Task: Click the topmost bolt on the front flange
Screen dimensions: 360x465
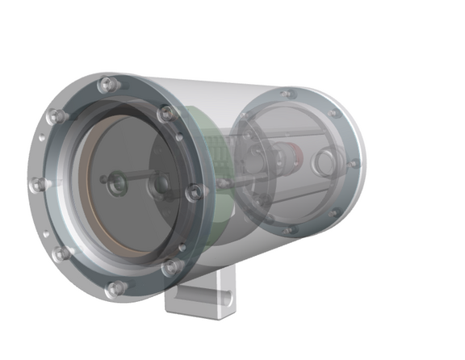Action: pyautogui.click(x=105, y=84)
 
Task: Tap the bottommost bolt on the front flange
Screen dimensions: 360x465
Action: pyautogui.click(x=115, y=287)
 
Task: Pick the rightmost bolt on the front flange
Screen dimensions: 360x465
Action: pyautogui.click(x=194, y=192)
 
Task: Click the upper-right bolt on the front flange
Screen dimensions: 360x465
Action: pyautogui.click(x=165, y=115)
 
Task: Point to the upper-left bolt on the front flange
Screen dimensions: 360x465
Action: pyautogui.click(x=56, y=118)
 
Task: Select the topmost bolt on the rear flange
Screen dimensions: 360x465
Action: pyautogui.click(x=283, y=94)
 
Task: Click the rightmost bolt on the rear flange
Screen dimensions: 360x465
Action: pyautogui.click(x=353, y=164)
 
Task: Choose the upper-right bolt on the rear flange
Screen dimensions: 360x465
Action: pyautogui.click(x=333, y=114)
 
